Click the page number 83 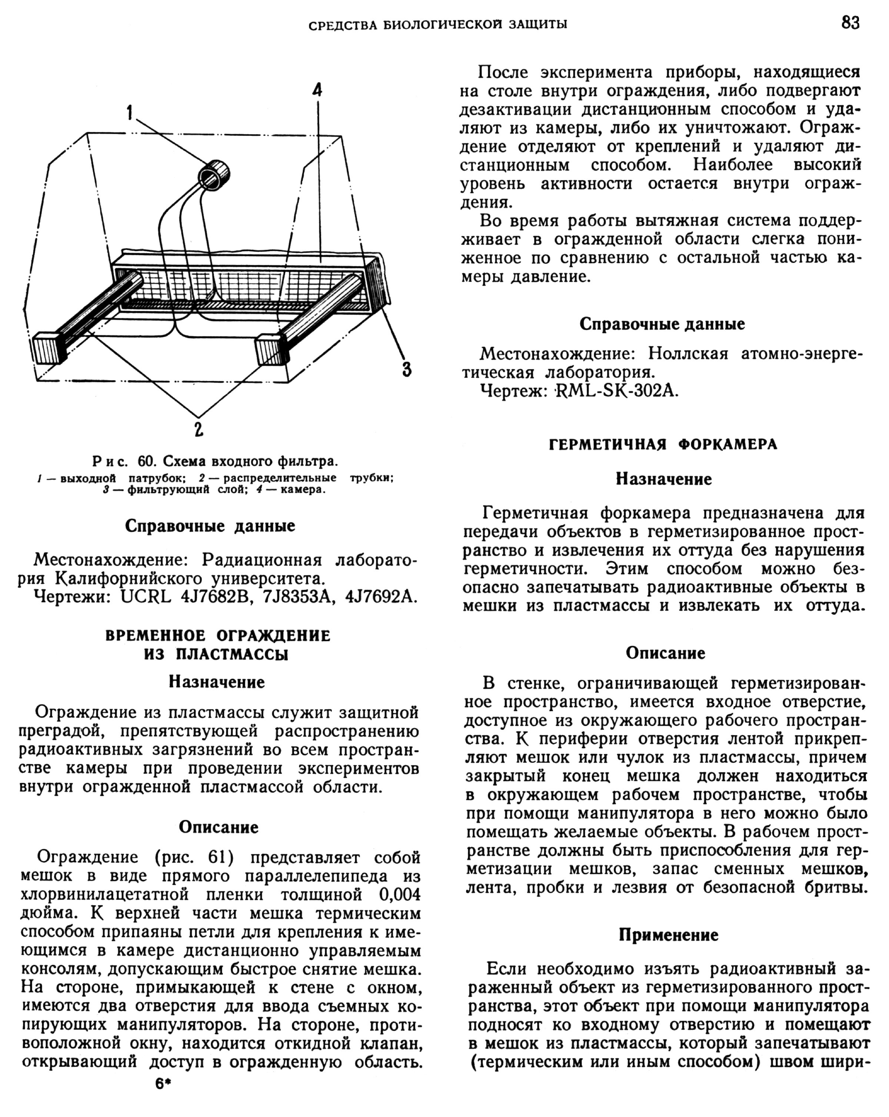click(850, 23)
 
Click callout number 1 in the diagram click(130, 112)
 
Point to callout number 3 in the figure click(407, 369)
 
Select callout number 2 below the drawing click(199, 429)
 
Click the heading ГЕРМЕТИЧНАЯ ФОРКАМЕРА click(663, 445)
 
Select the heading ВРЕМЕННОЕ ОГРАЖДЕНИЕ click(217, 636)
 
